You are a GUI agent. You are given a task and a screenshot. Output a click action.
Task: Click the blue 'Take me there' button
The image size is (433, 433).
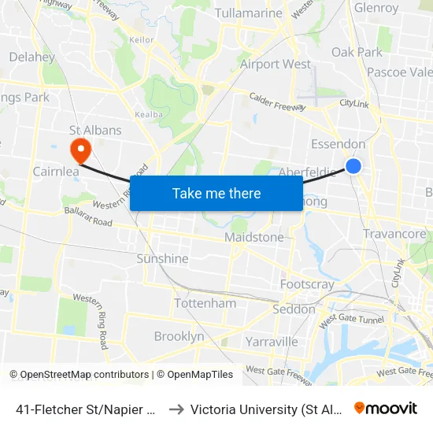[x=216, y=193]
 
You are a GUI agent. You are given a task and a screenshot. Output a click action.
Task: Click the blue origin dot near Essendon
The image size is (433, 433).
[x=353, y=165]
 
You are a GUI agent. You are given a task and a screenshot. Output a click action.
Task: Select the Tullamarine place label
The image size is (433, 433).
[x=249, y=13]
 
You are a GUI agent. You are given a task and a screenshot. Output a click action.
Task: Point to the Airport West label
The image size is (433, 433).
[x=276, y=64]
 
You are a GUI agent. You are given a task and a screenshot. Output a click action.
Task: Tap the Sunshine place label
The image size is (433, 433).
[x=162, y=258]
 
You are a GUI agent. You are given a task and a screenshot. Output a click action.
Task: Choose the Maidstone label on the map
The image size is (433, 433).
[x=254, y=237]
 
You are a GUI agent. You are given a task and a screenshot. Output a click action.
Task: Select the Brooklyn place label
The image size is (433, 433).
[x=179, y=336]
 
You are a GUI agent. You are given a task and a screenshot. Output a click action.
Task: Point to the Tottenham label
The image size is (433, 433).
[x=205, y=303]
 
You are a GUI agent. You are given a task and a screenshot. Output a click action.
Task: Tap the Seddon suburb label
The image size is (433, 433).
[x=294, y=309]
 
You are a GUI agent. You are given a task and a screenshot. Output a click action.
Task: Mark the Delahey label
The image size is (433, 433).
[x=31, y=57]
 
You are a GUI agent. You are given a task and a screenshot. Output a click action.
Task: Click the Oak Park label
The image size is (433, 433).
[x=357, y=52]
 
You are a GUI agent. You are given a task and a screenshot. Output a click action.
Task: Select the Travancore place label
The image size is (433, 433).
[x=394, y=234]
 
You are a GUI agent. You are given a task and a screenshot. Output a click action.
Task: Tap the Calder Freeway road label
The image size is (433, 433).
[x=277, y=102]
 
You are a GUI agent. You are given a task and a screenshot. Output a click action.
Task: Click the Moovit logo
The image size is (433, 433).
[x=385, y=408]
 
